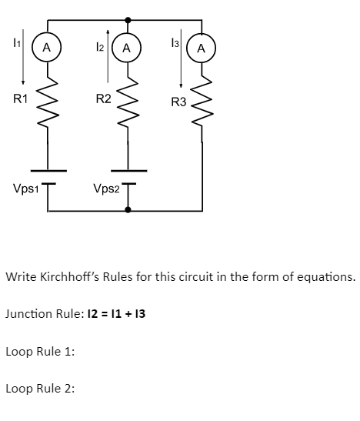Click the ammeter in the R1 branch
[47, 48]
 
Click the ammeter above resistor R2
[127, 48]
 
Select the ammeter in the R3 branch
[202, 48]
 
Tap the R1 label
[21, 99]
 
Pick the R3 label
[178, 102]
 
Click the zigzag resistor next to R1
[48, 98]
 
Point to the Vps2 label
[105, 189]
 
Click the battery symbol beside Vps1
[48, 176]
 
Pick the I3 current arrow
[180, 60]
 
